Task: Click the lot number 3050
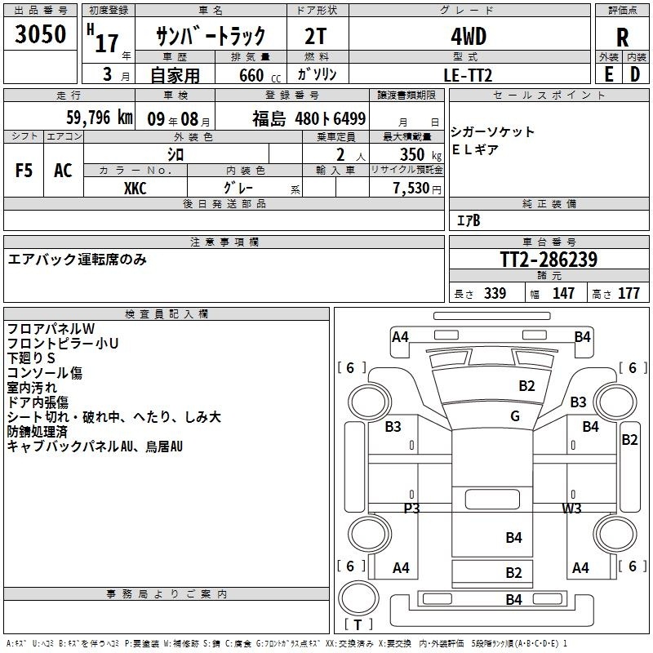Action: tap(40, 33)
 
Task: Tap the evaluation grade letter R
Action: tap(622, 38)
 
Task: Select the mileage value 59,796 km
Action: tap(100, 118)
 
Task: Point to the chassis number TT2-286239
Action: tap(549, 260)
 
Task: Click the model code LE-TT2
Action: tap(468, 75)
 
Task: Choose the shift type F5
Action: tap(24, 171)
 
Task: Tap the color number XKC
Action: tap(135, 189)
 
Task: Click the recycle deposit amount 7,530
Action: tap(411, 189)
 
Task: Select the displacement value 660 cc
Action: tap(260, 75)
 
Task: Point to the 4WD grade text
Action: tap(469, 37)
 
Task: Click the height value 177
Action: tap(629, 293)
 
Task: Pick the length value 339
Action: tap(495, 293)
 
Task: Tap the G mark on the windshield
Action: tap(515, 415)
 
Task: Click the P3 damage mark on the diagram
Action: tap(412, 508)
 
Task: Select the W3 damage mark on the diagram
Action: tap(572, 508)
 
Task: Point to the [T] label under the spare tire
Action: tap(358, 624)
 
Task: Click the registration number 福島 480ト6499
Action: tap(309, 118)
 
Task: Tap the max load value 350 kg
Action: tap(420, 154)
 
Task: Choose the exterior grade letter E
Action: tap(608, 74)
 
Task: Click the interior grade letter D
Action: tap(635, 74)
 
